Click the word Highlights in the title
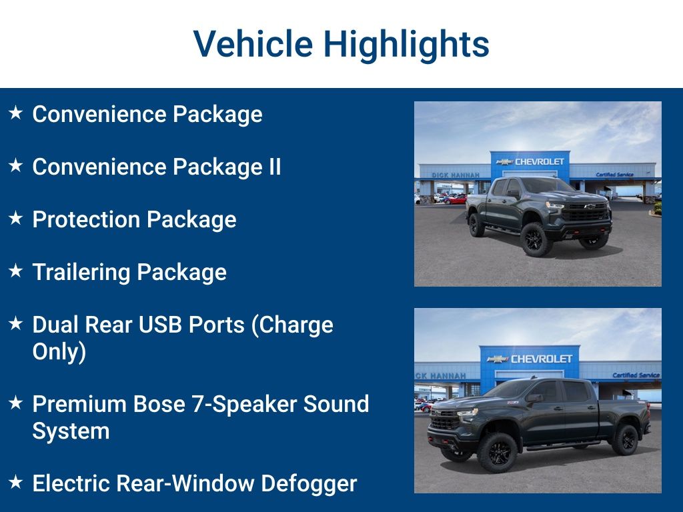[x=406, y=44]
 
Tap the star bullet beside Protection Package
[x=16, y=219]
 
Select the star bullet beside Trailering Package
[x=16, y=271]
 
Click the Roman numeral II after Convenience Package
[x=273, y=167]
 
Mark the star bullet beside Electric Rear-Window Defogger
[x=16, y=482]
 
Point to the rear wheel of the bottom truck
[x=625, y=440]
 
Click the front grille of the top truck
[x=584, y=212]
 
